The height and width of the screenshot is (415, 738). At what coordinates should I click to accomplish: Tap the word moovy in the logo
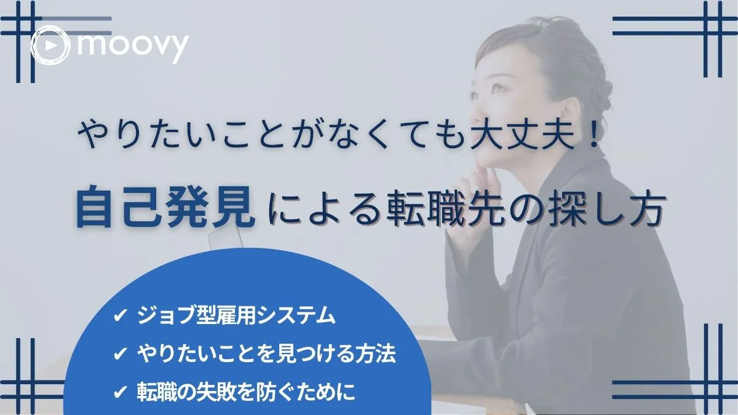point(132,44)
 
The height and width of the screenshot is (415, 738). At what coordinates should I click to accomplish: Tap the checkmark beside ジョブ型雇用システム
point(119,317)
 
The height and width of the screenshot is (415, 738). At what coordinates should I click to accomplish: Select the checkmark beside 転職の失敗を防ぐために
point(119,392)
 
